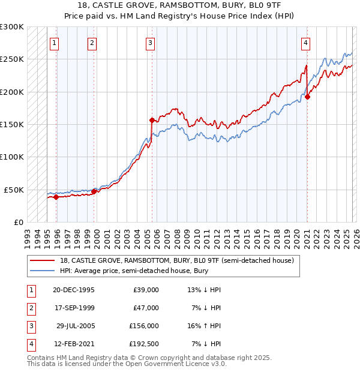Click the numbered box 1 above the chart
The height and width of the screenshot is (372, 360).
coord(55,43)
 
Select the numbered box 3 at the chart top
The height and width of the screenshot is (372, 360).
coord(150,43)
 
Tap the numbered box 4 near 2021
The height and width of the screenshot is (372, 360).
coord(305,43)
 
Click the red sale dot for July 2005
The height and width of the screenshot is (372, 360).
coord(152,120)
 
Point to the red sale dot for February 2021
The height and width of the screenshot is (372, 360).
coord(307,97)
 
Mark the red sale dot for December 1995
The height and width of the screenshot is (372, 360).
coord(56,196)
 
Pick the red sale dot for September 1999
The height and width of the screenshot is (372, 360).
coord(94,191)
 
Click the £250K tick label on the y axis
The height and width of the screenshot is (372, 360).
coord(12,59)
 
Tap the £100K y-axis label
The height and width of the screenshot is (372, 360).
coord(12,157)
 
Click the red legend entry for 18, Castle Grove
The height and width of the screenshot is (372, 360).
coord(176,261)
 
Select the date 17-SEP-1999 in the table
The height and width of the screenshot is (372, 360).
coord(74,308)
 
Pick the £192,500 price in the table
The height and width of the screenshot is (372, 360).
coord(146,344)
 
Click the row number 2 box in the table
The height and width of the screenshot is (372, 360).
coord(31,308)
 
